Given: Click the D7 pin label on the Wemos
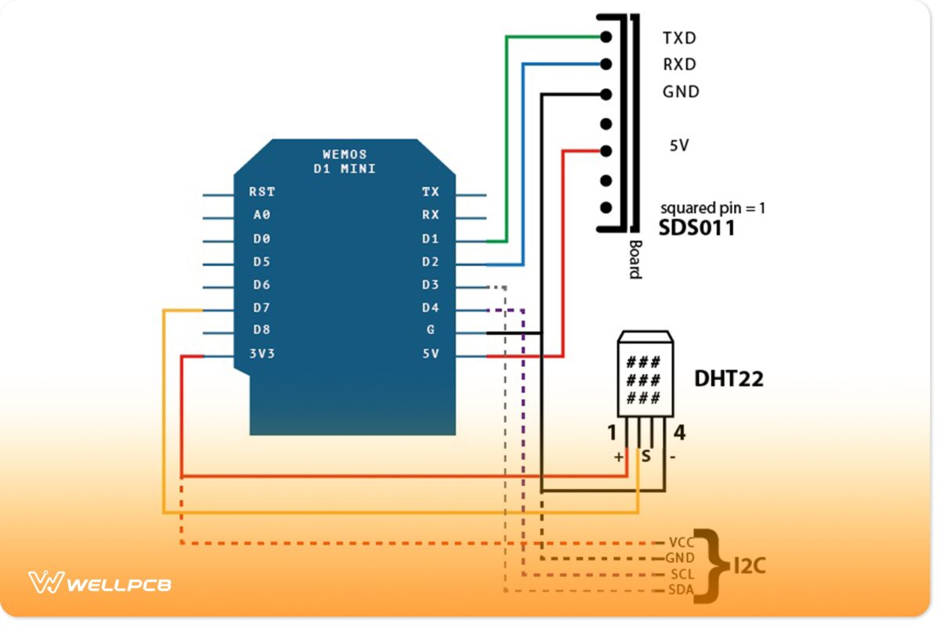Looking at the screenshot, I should (x=262, y=308).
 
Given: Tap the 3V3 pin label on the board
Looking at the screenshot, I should (x=262, y=354).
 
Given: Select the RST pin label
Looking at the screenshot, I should (x=262, y=192).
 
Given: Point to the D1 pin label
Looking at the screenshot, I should (x=430, y=239).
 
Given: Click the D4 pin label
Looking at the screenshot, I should (x=430, y=308).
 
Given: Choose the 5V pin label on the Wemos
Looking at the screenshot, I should (x=430, y=354).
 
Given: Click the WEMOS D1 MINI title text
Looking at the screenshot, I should (x=345, y=161).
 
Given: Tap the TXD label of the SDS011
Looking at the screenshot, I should (x=679, y=38).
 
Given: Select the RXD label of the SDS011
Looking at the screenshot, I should (x=679, y=64).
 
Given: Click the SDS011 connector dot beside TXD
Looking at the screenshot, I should (x=605, y=37).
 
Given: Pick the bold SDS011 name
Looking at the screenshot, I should (x=696, y=228).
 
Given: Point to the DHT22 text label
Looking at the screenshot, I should (x=728, y=380).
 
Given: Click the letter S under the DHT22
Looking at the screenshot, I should (x=645, y=455).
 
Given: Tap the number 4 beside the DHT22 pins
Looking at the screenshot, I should (x=679, y=433).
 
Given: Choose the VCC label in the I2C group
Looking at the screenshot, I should (x=681, y=542).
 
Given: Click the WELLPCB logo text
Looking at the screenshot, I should (x=119, y=585).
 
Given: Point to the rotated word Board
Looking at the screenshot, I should (x=634, y=257).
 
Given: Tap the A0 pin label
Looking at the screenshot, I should (x=262, y=214).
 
